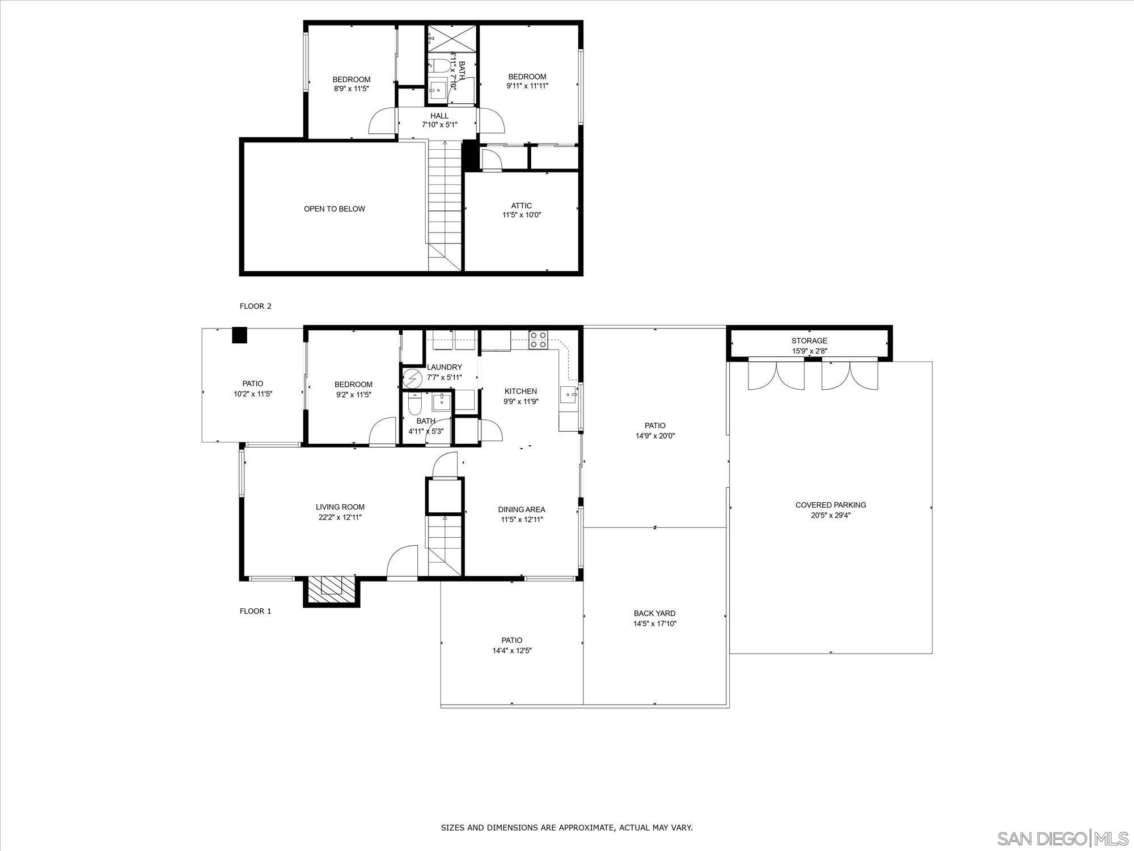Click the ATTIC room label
click(x=521, y=206)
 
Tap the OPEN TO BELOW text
click(x=335, y=209)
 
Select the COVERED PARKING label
click(x=831, y=505)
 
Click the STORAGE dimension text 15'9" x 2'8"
click(x=809, y=351)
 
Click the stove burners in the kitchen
click(x=538, y=339)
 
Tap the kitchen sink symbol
click(x=569, y=393)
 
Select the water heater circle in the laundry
click(x=413, y=377)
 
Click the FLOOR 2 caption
click(x=256, y=306)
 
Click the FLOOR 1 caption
click(x=256, y=611)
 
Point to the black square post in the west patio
click(x=240, y=335)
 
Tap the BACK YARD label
click(x=654, y=613)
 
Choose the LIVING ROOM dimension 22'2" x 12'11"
click(x=340, y=517)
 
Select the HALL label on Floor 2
click(x=439, y=116)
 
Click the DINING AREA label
click(x=522, y=509)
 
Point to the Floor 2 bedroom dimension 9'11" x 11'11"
click(x=527, y=86)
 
